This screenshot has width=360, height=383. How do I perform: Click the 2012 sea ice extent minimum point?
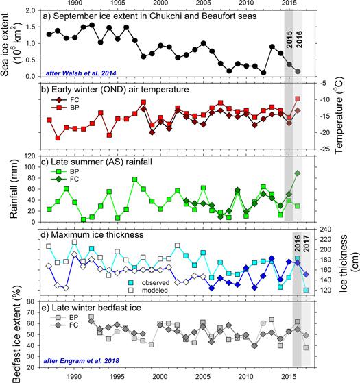coord(263,73)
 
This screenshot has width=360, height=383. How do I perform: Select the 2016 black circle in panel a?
coord(298,71)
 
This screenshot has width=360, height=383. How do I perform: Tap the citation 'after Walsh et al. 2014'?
coord(81,73)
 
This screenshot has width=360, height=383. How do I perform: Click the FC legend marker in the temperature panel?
coord(59,100)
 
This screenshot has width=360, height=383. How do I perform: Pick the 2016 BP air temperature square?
coord(298,99)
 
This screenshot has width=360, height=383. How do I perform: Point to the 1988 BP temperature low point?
coord(58,138)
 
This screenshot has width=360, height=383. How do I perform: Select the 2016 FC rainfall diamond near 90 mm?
coord(298,173)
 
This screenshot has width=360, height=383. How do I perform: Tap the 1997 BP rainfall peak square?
coord(134,180)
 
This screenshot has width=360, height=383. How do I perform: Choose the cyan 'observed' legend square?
coord(131,283)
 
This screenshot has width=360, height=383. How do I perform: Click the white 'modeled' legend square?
coord(131,291)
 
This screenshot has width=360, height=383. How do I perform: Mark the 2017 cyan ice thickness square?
coord(306,291)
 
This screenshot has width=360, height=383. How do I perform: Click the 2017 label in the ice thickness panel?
coord(307,244)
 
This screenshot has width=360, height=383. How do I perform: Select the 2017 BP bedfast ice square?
coord(306,347)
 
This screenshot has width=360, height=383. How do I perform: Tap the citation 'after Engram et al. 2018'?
coord(81,361)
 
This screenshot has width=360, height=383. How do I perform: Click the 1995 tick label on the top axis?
coord(117,3)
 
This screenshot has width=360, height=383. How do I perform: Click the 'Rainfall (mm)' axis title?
coord(14,189)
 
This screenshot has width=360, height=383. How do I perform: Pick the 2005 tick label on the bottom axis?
coord(203,376)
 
